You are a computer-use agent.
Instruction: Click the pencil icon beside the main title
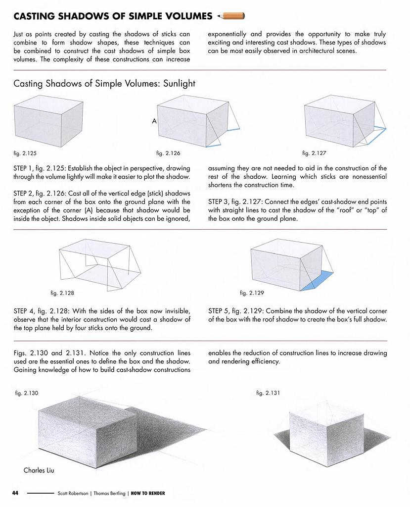pos(231,16)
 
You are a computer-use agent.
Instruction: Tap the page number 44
pos(15,493)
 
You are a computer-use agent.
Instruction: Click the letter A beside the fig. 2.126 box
pos(154,120)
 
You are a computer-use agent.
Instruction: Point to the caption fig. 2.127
pos(314,153)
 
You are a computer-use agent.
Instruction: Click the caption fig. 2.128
pos(62,293)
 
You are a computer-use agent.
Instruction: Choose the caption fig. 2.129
pos(252,293)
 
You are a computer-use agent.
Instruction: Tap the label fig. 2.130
pos(27,393)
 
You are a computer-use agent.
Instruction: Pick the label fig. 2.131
pos(268,393)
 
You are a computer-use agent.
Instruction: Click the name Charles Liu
pos(39,470)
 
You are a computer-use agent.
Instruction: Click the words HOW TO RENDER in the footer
pos(148,493)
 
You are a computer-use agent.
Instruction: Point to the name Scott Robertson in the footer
pos(73,493)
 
